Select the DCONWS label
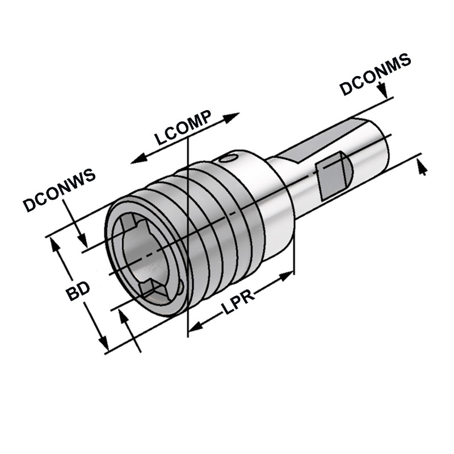point(59,190)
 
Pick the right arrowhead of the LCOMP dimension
point(231,117)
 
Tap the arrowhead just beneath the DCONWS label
point(81,239)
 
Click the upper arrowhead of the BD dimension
point(55,244)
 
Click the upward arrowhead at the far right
point(421,166)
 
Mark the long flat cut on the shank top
point(318,142)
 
